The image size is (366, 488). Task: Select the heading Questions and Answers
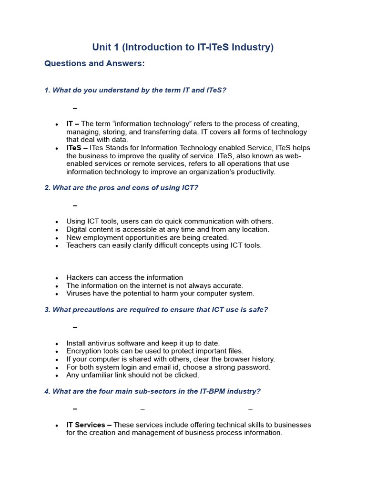point(94,63)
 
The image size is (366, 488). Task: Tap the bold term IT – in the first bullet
point(72,124)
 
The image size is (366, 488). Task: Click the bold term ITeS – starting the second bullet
point(77,148)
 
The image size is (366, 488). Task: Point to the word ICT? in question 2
point(189,188)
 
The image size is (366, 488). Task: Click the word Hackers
point(81,277)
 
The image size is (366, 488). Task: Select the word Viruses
point(79,294)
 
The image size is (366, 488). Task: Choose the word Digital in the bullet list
point(77,229)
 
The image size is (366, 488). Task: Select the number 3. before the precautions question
point(48,310)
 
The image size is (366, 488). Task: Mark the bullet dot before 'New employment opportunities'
point(57,238)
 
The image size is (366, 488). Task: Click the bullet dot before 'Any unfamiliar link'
point(57,376)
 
